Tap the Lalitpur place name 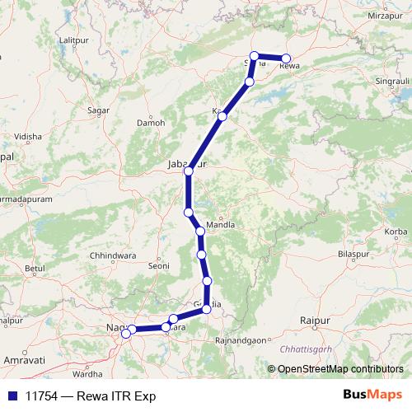[x=73, y=40]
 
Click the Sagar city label [x=98, y=110]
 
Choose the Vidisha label [x=27, y=136]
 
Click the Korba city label [x=396, y=232]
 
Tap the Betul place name [x=34, y=269]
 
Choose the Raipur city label [x=315, y=318]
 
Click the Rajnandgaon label [x=241, y=339]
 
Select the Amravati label [x=24, y=361]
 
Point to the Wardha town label [x=99, y=373]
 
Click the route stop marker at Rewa [x=286, y=59]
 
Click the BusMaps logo [x=372, y=395]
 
